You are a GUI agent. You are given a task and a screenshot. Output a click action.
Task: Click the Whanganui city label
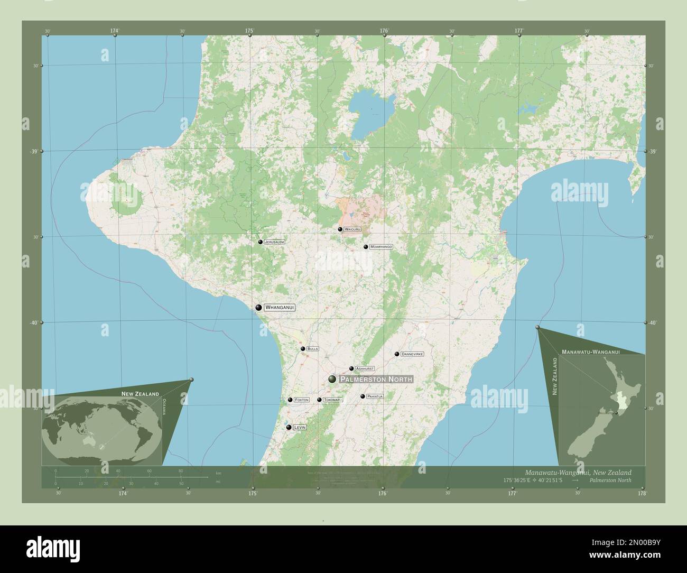[279, 307]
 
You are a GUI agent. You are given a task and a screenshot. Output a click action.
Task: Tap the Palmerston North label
[376, 380]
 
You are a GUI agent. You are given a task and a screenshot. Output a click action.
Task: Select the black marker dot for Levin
[289, 427]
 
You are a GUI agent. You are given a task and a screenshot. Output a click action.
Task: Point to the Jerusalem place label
[275, 242]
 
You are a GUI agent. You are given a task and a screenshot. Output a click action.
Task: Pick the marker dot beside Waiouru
[340, 229]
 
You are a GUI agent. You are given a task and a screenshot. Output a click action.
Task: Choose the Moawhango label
[381, 247]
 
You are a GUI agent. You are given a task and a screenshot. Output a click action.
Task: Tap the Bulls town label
[312, 349]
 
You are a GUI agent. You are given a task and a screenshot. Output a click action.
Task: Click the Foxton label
[301, 400]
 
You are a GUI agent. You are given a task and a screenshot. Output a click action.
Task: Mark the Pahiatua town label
[375, 396]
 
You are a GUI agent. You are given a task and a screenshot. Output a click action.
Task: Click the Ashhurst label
[365, 368]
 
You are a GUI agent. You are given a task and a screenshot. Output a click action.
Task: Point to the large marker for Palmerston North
[332, 379]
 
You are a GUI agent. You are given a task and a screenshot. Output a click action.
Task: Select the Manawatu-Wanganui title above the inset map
[591, 351]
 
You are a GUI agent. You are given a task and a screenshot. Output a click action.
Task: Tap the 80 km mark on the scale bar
[181, 470]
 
